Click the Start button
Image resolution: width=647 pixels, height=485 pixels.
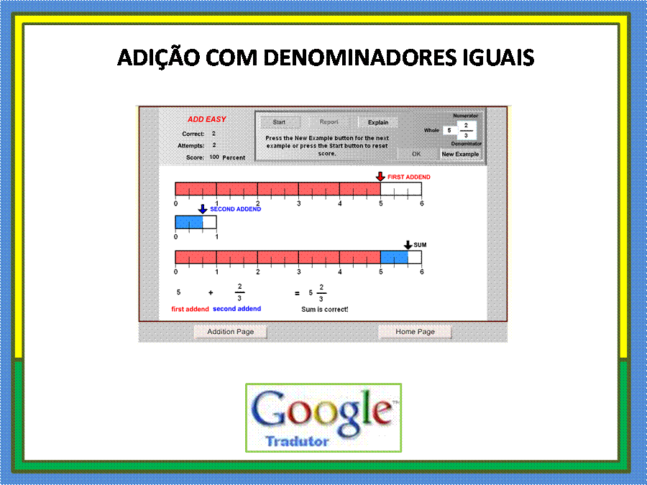(x=280, y=122)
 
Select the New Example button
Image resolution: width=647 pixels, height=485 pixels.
(x=460, y=154)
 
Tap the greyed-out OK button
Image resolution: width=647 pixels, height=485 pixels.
(x=416, y=154)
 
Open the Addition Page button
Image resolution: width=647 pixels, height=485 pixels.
(x=230, y=331)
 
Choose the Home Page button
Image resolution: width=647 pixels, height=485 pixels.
(x=415, y=331)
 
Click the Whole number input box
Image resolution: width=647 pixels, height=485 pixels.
(x=449, y=130)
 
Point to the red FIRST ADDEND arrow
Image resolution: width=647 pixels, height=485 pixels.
(x=380, y=177)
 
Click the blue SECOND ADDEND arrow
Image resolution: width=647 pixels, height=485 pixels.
(x=202, y=209)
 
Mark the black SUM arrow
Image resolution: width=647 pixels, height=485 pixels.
(x=408, y=245)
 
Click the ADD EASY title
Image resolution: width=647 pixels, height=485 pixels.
(x=207, y=119)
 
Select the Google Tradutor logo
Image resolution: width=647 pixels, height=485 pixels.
(x=323, y=417)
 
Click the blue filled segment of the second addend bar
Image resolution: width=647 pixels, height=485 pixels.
(x=189, y=222)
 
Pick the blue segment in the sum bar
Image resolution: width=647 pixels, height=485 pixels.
(x=394, y=257)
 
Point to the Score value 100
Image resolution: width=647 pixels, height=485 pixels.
(x=214, y=157)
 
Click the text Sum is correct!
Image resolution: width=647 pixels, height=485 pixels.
(x=325, y=309)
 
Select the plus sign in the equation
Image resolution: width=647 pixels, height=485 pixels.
(x=211, y=293)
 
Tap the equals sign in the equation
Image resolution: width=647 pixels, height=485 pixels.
(x=297, y=293)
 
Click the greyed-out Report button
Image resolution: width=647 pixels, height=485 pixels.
(x=329, y=122)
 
